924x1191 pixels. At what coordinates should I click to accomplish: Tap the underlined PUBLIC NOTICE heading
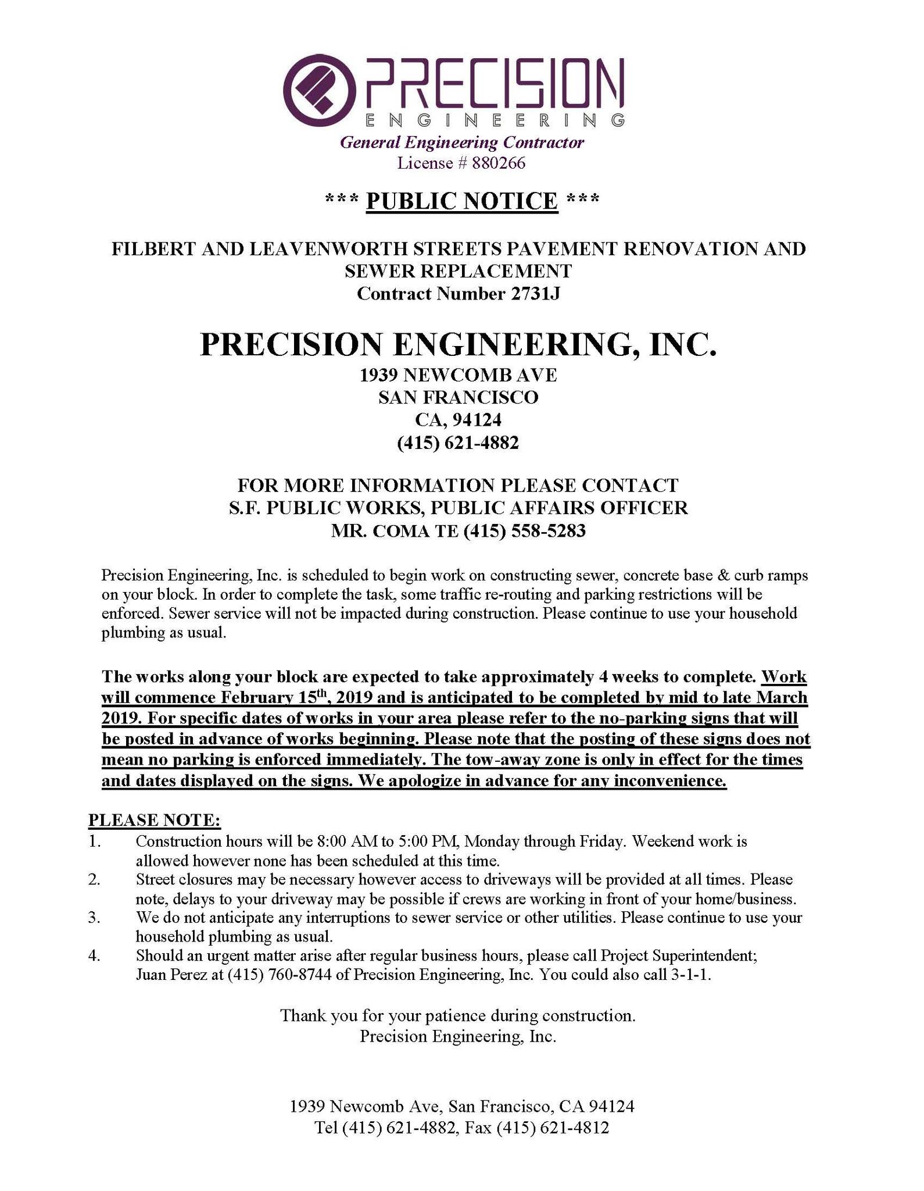click(462, 201)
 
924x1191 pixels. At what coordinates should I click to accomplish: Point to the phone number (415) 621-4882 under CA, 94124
click(457, 443)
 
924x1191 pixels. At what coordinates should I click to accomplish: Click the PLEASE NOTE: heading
click(154, 820)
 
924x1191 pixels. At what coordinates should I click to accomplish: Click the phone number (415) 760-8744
click(275, 975)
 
